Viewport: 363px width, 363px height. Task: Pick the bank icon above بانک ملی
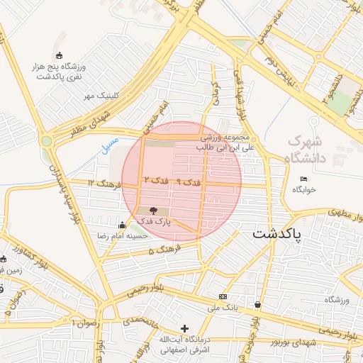point(223,296)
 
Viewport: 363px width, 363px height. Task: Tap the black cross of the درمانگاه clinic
point(185,328)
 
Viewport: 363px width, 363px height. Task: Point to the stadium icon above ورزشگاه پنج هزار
point(59,56)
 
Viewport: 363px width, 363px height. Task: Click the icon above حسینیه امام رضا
point(122,225)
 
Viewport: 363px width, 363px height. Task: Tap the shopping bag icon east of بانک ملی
point(257,305)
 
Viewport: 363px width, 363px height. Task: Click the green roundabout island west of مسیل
point(47,140)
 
